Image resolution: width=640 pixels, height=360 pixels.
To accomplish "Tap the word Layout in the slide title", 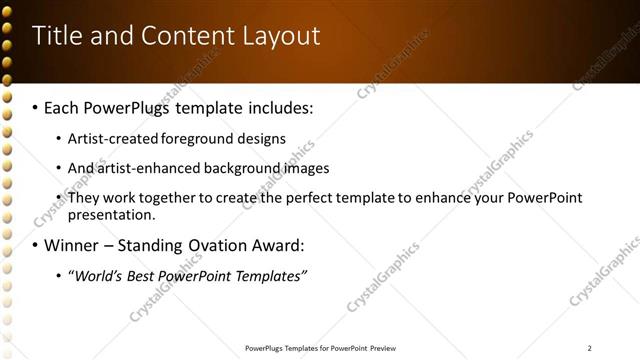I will pos(281,37).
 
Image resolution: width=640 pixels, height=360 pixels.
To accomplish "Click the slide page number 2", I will pos(590,348).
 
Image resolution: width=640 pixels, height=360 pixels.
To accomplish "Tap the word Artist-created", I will pos(110,138).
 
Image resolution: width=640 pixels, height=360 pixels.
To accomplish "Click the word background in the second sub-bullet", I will pos(237,168).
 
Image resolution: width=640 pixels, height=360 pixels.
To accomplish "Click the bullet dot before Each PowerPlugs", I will pos(36,107).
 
